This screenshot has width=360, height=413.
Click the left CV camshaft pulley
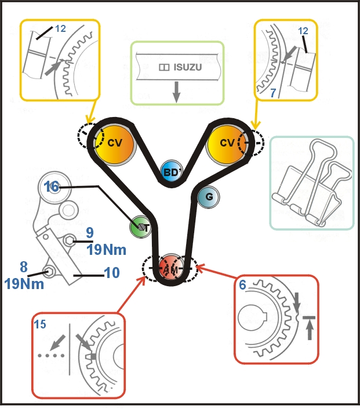tap(114, 143)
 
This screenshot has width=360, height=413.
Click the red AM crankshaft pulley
tap(170, 268)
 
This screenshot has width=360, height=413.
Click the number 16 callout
tap(52, 187)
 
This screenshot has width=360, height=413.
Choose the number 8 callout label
tap(24, 267)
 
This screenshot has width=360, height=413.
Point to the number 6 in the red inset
tap(242, 285)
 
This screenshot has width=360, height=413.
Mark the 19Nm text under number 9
tap(103, 249)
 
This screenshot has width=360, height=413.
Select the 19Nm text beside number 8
tap(28, 284)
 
